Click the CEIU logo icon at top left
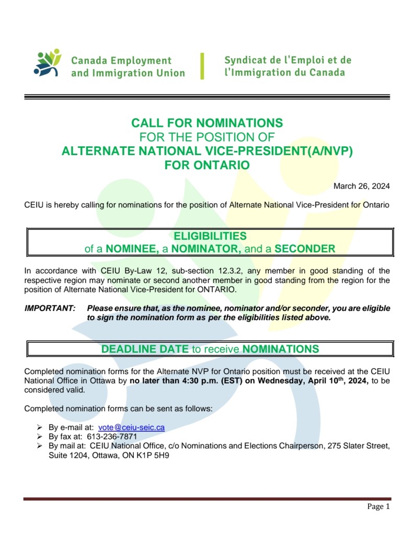tap(47, 64)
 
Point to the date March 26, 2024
tap(362, 186)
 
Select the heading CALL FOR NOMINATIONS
tap(206, 123)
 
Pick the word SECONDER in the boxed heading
tap(305, 249)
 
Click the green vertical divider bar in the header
tap(202, 66)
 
